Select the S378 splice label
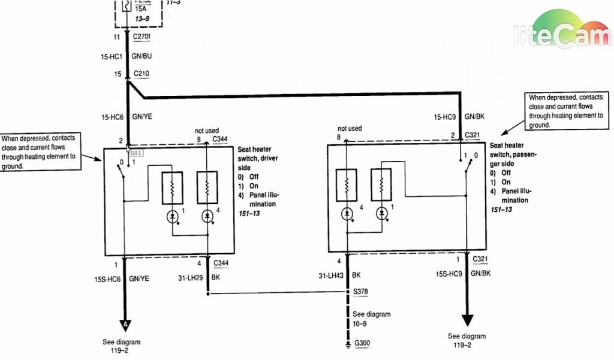[361, 292]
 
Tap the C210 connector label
[142, 74]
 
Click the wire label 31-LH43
[330, 277]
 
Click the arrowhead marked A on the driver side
[125, 325]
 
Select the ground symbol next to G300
[347, 344]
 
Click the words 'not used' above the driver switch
[207, 130]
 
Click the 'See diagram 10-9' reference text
[371, 318]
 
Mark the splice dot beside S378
[347, 293]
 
